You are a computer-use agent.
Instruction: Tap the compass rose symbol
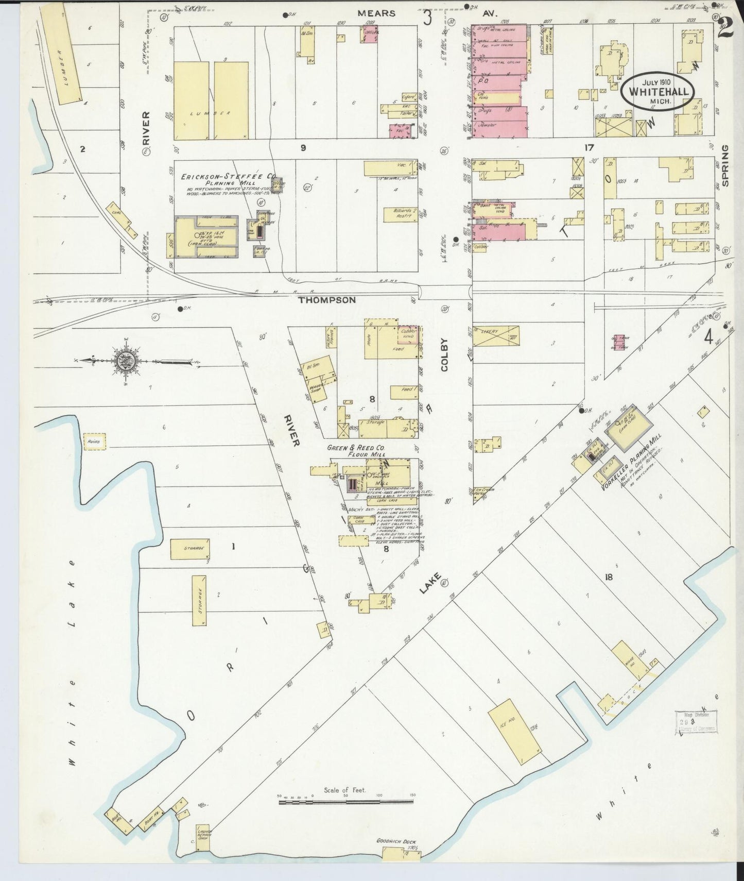point(124,360)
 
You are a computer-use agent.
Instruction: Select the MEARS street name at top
point(377,13)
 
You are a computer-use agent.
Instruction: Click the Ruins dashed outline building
point(95,442)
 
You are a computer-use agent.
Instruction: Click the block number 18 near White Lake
point(609,577)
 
